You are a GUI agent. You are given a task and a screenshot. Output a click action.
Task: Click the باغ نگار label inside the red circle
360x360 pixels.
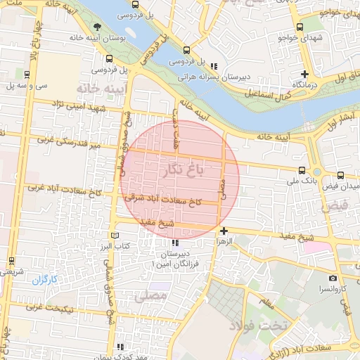point(181,169)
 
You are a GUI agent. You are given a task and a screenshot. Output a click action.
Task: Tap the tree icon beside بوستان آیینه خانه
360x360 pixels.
point(96,28)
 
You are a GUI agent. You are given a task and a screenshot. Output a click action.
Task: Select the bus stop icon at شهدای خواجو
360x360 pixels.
point(300,27)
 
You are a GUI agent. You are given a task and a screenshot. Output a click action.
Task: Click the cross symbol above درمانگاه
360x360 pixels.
point(304,74)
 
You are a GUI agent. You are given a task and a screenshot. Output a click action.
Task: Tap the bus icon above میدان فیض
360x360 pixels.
point(340,175)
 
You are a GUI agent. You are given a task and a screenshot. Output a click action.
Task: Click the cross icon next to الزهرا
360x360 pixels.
point(224,231)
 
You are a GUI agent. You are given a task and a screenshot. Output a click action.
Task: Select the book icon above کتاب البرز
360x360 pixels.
point(115,236)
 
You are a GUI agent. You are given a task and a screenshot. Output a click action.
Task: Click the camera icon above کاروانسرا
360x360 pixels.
point(333,278)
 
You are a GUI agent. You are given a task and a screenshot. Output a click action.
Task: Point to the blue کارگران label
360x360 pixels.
point(43,280)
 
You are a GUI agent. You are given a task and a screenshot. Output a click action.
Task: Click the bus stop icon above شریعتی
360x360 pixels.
point(11,261)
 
